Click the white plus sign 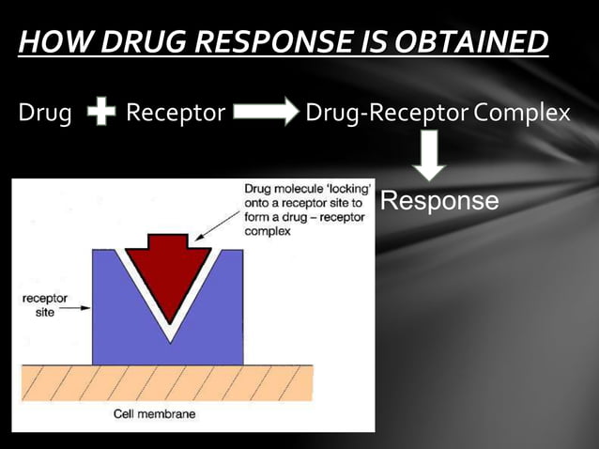(100, 115)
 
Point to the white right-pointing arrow (265, 115)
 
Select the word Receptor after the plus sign (176, 115)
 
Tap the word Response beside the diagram (439, 201)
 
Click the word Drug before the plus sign (45, 115)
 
